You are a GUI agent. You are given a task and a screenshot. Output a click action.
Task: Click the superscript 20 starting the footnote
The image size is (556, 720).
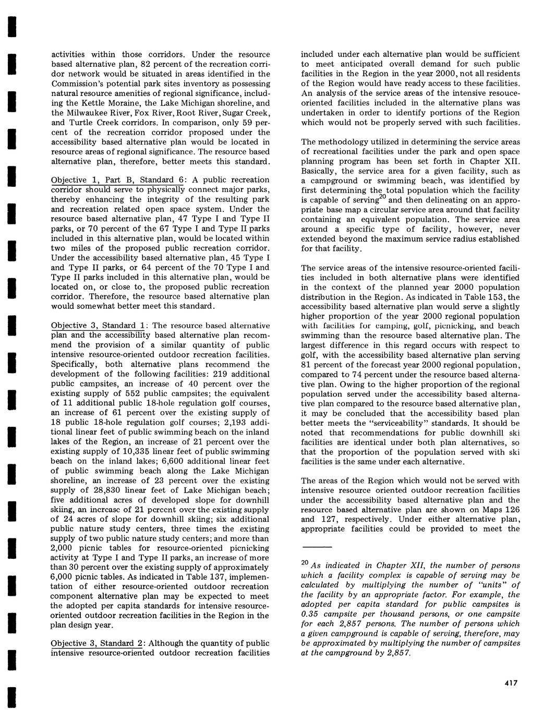(305, 563)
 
